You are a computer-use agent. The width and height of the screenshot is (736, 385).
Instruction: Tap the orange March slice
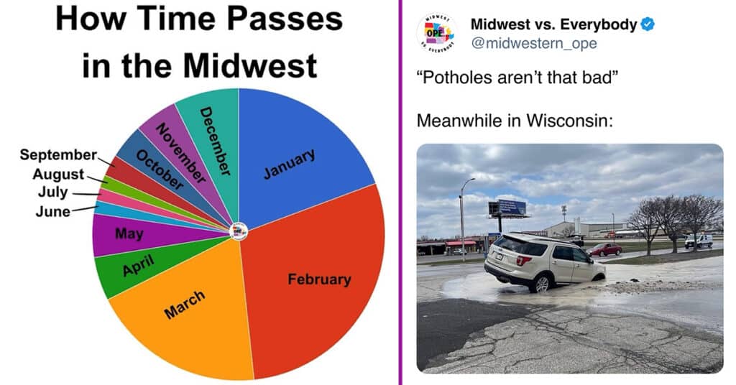188,310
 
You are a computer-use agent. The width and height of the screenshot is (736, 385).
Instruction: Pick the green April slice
136,267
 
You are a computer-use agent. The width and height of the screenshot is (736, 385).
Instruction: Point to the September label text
58,154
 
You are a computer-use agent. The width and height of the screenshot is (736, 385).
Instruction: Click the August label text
58,175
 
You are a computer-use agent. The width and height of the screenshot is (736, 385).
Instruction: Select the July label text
52,192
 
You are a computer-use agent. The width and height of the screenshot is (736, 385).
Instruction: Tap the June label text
53,211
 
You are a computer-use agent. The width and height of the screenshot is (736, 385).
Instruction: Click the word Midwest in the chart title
250,65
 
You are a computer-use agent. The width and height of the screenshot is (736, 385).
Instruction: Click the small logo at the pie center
239,231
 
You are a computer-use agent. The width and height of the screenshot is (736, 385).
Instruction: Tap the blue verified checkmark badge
648,24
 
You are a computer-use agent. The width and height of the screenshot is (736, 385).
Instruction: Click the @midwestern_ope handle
534,44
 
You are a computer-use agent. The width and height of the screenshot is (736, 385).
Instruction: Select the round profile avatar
437,33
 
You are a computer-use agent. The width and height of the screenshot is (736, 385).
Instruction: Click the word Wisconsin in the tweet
569,121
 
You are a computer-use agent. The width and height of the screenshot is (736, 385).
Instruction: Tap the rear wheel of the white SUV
542,284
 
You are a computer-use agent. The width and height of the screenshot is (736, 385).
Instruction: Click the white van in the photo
699,241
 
